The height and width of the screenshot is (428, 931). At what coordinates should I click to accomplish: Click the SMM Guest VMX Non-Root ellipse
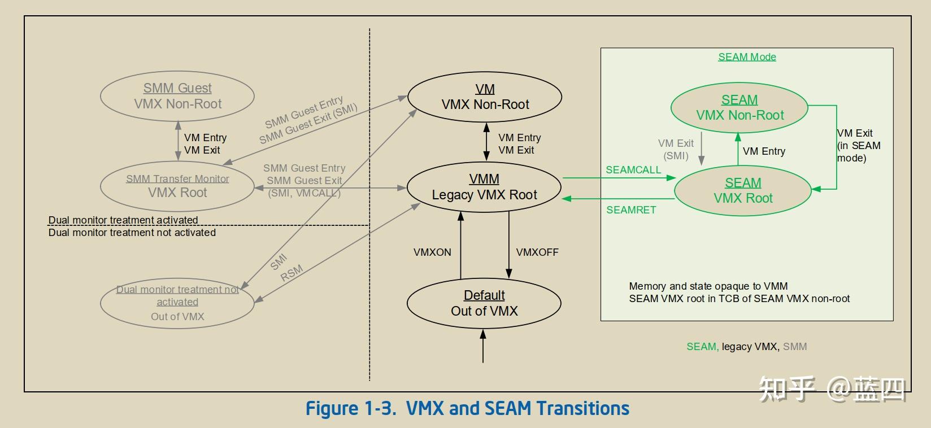[x=177, y=96]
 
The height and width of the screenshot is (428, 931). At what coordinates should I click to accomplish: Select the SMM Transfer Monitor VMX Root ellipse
[x=177, y=186]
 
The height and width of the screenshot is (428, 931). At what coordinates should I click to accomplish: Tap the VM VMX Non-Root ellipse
[x=485, y=97]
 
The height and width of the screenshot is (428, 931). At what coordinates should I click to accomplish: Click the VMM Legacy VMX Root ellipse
[x=484, y=187]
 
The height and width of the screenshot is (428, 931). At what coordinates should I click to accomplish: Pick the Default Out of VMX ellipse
[x=484, y=303]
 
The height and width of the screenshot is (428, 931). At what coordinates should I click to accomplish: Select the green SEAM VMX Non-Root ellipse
[x=739, y=107]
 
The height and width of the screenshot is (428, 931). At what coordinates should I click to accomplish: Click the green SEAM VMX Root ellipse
[x=743, y=191]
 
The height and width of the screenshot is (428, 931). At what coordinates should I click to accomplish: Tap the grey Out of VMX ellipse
[x=177, y=303]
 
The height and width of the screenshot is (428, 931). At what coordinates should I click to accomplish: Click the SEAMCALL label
[x=633, y=170]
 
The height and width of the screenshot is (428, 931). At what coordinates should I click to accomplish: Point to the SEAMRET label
[x=631, y=210]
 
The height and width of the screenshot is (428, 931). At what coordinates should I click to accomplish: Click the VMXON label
[x=432, y=252]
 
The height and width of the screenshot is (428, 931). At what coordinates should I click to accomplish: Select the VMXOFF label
[x=537, y=252]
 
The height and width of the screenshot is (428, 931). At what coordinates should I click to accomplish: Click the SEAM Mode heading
[x=747, y=57]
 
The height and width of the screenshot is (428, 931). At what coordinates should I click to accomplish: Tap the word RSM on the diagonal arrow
[x=292, y=273]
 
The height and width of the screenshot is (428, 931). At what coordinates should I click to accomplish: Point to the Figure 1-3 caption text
[x=467, y=408]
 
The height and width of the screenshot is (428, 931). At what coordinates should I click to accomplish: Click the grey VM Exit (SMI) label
[x=676, y=150]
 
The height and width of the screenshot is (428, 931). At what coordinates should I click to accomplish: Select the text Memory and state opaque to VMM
[x=708, y=286]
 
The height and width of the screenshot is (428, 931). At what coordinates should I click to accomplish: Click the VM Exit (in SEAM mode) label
[x=858, y=146]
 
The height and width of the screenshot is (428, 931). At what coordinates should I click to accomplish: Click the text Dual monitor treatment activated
[x=123, y=220]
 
